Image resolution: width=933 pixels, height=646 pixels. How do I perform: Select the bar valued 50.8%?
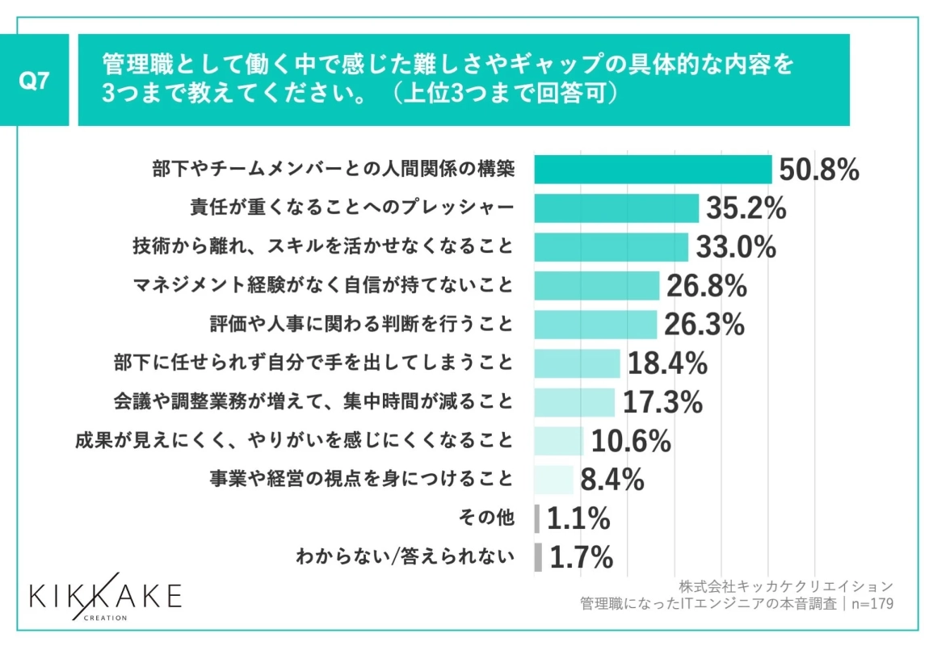pos(653,170)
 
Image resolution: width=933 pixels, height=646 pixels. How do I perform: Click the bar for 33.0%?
pos(611,247)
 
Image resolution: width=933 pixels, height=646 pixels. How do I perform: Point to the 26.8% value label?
pos(706,286)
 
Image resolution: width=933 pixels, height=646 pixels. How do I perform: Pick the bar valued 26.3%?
pos(595,325)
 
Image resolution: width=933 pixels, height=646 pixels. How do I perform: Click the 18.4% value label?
pos(667,363)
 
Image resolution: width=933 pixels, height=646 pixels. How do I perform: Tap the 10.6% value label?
pos(631,441)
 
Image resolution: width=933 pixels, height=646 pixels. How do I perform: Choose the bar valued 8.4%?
pos(553,480)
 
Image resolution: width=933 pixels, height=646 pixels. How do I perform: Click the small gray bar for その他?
pos(537,518)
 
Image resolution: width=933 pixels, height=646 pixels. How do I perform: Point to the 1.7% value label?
pos(580,557)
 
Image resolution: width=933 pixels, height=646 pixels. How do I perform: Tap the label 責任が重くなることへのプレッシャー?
pos(352,208)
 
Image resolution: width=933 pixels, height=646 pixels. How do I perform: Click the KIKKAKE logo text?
pos(105,596)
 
